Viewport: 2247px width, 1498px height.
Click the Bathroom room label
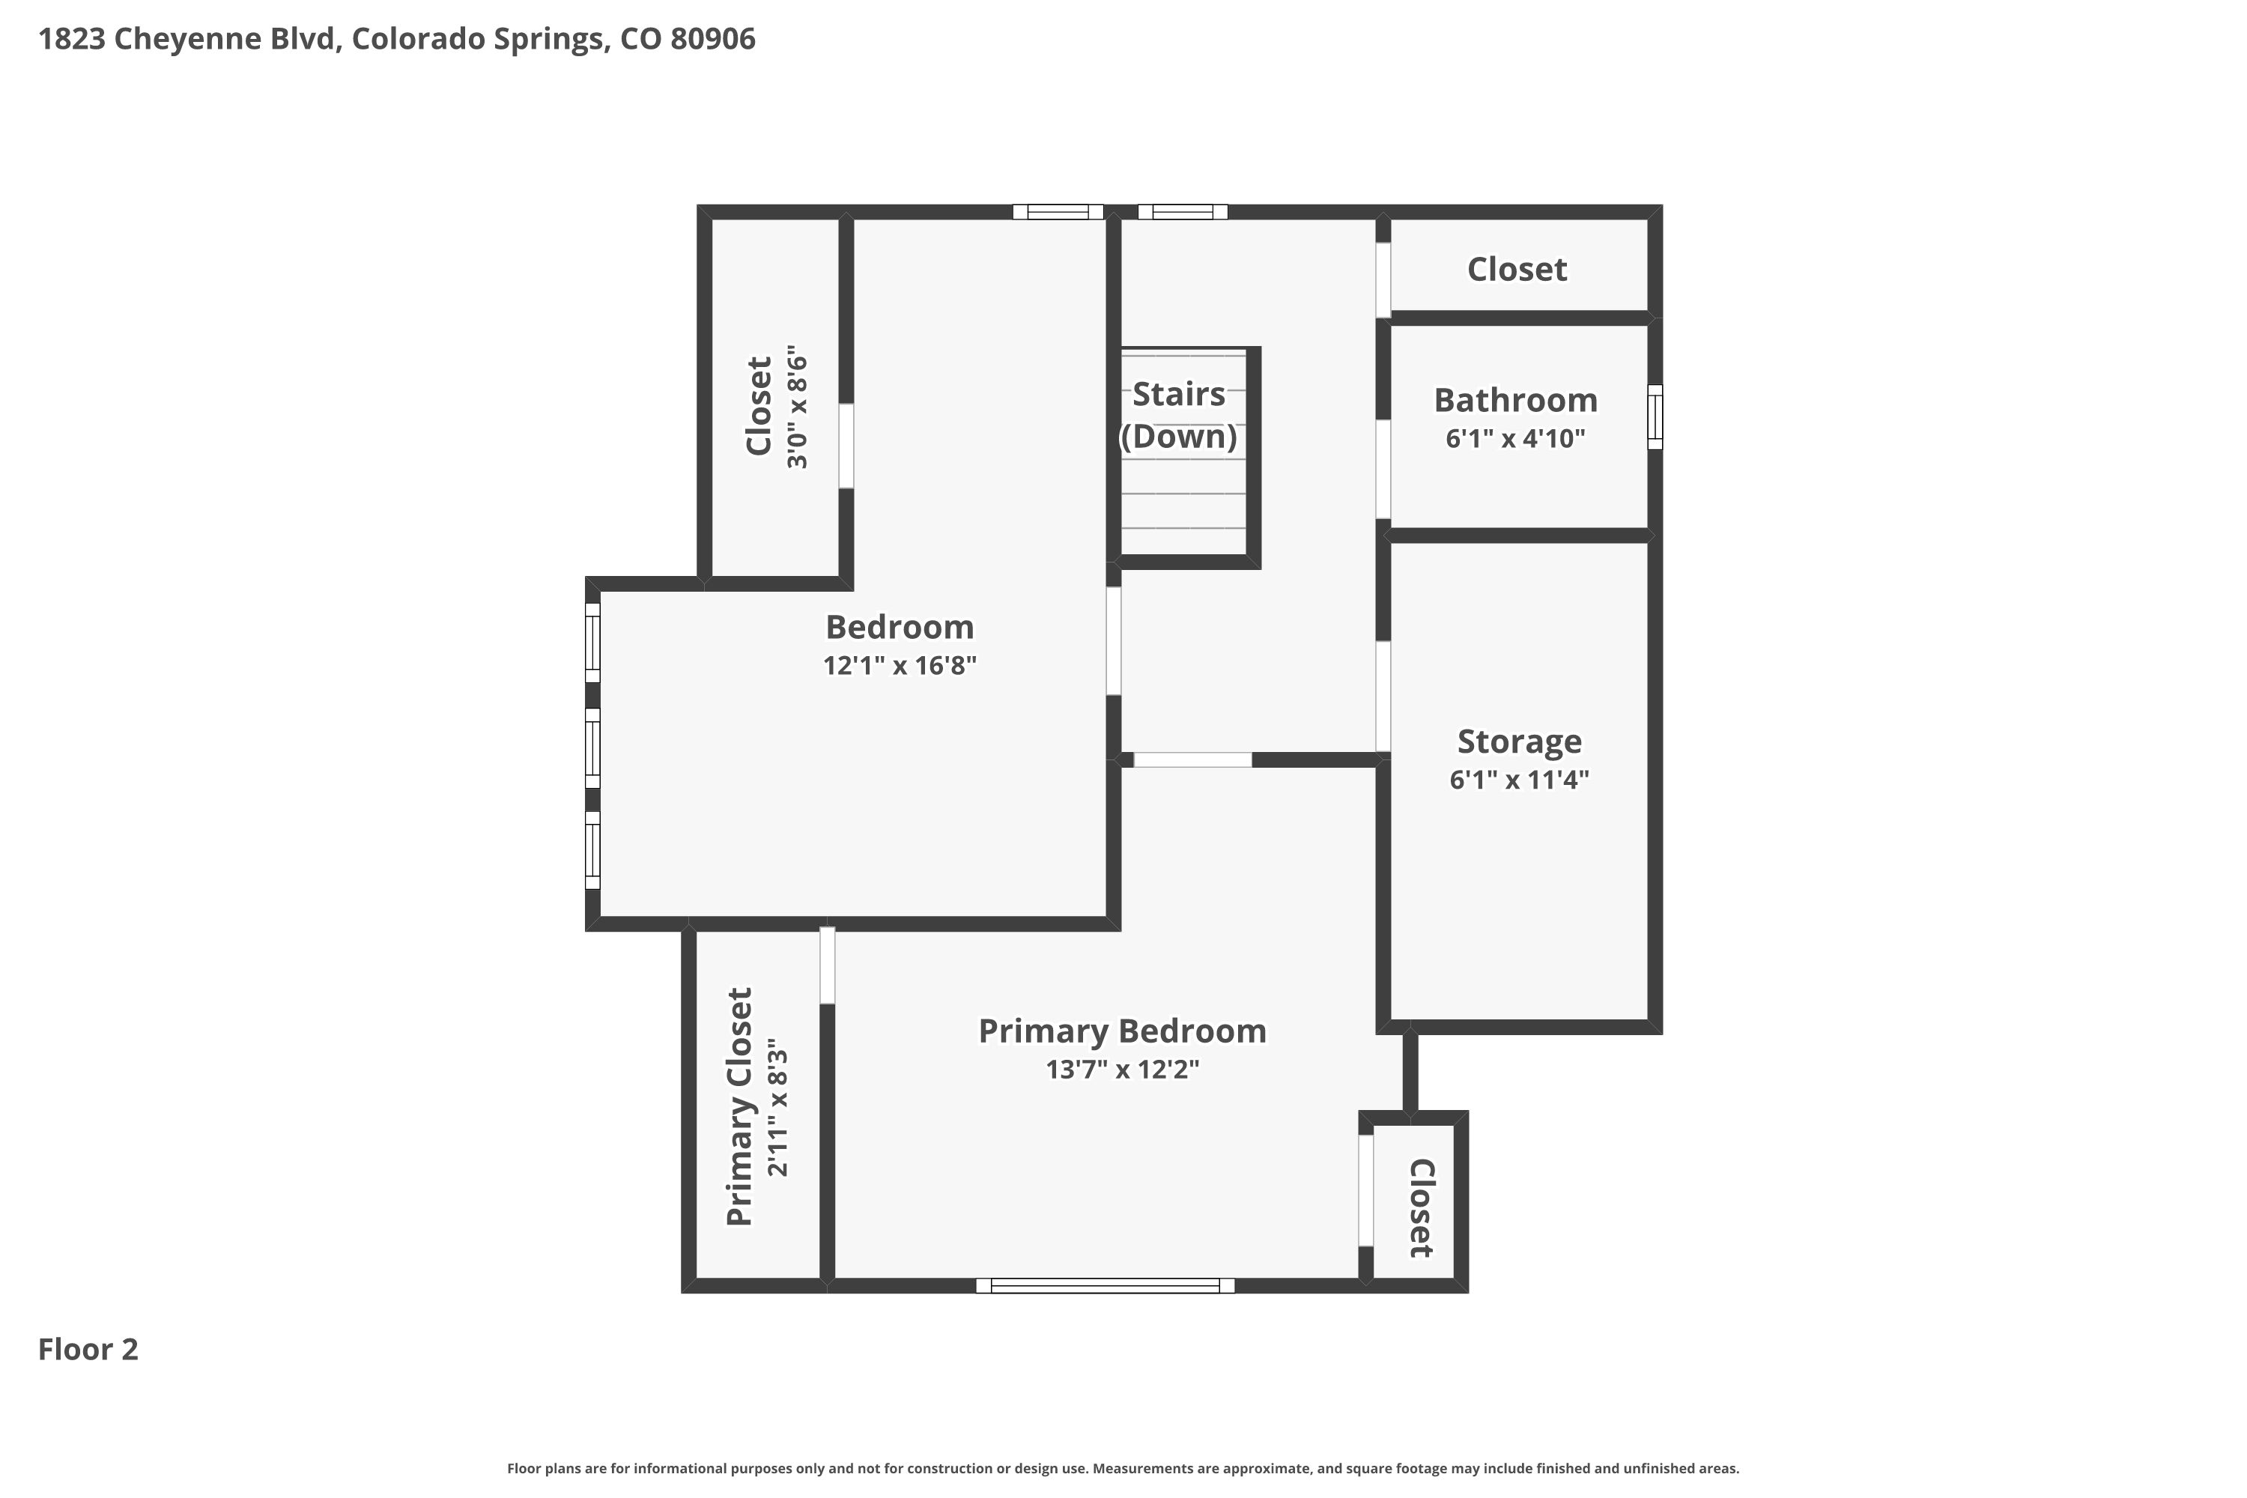(x=1515, y=400)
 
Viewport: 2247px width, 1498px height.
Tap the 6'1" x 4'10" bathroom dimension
(x=1515, y=438)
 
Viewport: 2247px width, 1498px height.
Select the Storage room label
(x=1519, y=742)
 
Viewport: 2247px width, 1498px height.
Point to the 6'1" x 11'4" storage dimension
(x=1519, y=780)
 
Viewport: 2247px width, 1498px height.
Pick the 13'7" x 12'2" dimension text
(x=1123, y=1069)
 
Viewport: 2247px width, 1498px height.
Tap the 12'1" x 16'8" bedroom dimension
(x=900, y=665)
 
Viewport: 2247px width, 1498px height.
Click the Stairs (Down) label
(x=1179, y=415)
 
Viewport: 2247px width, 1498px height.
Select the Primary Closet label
(x=741, y=1106)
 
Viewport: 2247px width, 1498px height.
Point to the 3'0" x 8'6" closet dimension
(x=797, y=407)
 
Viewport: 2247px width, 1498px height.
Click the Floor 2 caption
(x=88, y=1349)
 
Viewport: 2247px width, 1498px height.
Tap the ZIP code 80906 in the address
(x=713, y=39)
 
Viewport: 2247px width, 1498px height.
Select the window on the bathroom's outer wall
(x=1655, y=416)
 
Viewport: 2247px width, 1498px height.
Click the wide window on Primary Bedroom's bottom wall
(x=1106, y=1286)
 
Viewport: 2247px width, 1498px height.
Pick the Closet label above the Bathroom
(x=1517, y=270)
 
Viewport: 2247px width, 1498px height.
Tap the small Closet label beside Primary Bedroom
(x=1421, y=1209)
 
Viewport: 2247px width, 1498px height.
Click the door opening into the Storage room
(x=1383, y=697)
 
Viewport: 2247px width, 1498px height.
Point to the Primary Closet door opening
(x=828, y=966)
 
